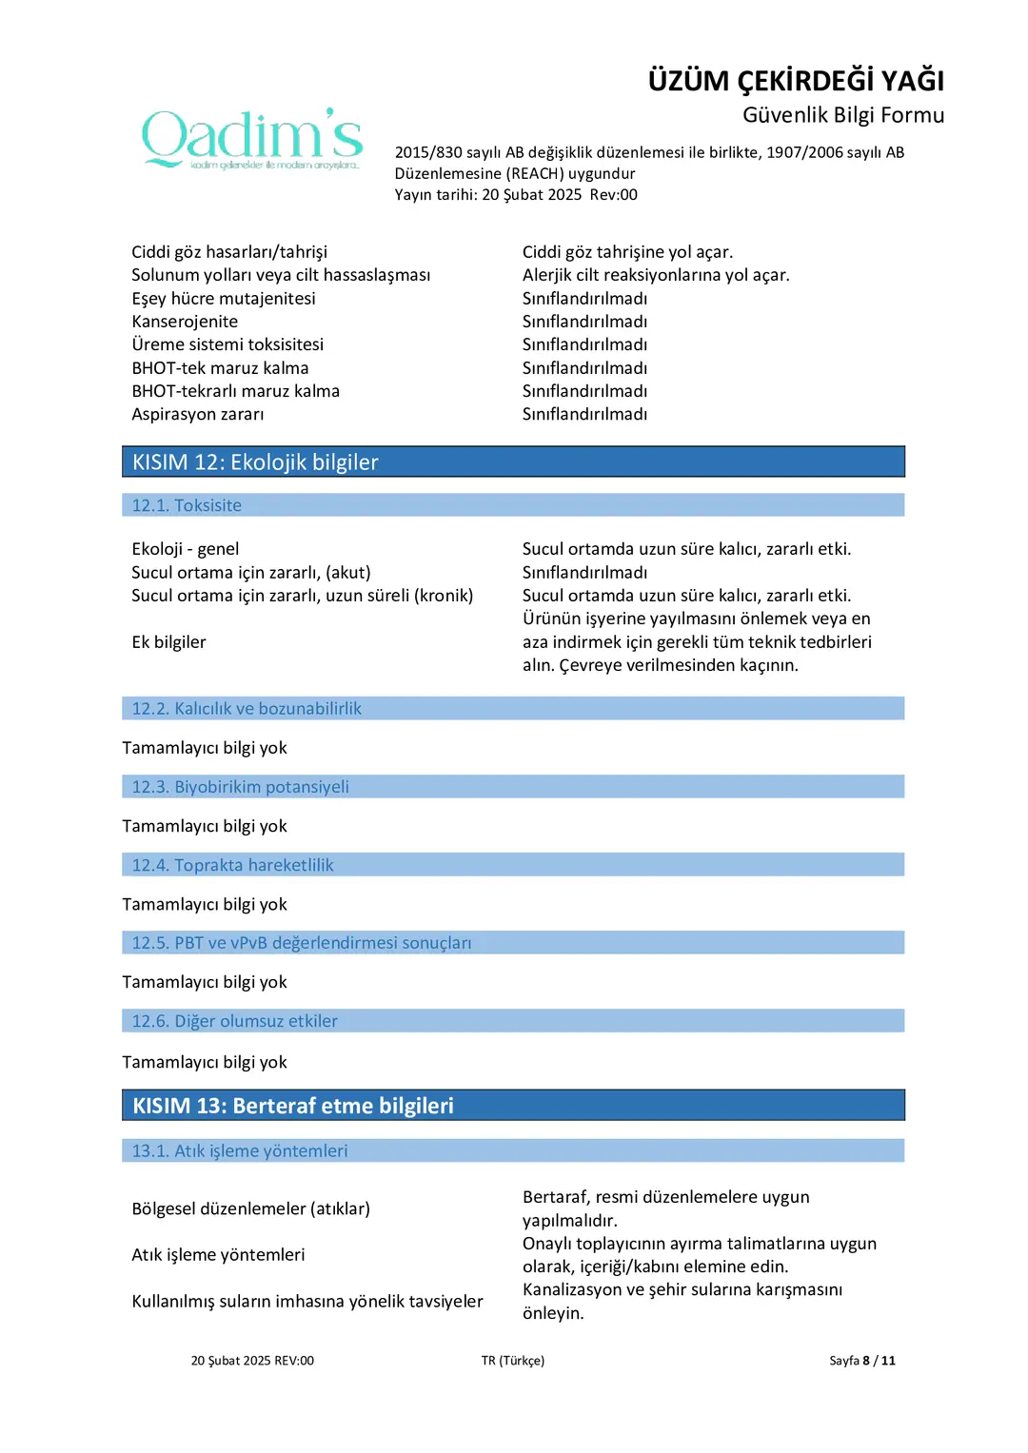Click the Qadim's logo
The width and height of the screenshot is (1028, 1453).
click(x=252, y=139)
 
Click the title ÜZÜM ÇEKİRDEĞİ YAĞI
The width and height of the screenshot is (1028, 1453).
click(x=796, y=81)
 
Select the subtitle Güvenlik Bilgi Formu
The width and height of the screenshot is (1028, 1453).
click(x=842, y=115)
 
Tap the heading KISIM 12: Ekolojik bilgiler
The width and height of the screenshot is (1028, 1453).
click(x=255, y=462)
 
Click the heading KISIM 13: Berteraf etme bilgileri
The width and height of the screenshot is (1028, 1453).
click(x=293, y=1106)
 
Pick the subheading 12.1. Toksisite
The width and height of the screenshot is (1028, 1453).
click(x=187, y=505)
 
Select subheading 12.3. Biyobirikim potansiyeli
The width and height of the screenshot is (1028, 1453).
click(x=240, y=787)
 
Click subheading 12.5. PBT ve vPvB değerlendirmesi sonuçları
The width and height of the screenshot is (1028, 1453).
click(x=301, y=943)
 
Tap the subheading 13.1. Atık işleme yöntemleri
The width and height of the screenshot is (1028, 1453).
click(x=239, y=1151)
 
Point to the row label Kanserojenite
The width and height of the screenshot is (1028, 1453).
click(x=185, y=322)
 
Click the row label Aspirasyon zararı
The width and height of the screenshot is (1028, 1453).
click(x=198, y=414)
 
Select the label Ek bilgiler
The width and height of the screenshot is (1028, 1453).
click(x=168, y=642)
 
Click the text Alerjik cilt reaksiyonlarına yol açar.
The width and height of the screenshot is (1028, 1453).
click(x=656, y=275)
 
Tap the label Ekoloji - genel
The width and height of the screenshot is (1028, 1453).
click(x=186, y=549)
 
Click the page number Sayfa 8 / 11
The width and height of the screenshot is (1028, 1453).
click(x=861, y=1361)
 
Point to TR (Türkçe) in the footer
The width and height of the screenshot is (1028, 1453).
click(x=513, y=1361)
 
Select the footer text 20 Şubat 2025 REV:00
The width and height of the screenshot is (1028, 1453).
click(x=252, y=1361)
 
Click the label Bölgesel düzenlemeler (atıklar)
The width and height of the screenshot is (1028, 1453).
click(x=251, y=1208)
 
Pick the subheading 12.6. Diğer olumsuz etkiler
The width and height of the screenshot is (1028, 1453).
click(x=234, y=1021)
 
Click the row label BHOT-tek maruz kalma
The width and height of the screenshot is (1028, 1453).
click(x=220, y=368)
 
